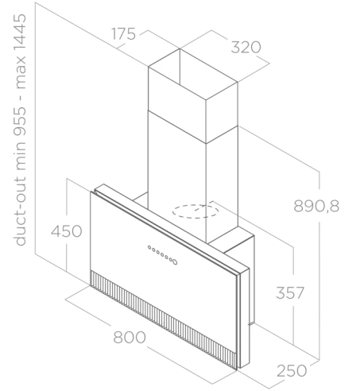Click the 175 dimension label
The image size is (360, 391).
[x=123, y=34]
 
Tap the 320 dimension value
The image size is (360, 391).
[x=246, y=47]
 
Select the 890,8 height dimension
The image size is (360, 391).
[x=316, y=206]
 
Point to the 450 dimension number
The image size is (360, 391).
[x=66, y=231]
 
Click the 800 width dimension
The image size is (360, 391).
[x=130, y=337]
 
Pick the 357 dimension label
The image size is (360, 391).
[x=290, y=293]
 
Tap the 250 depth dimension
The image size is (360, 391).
[x=292, y=370]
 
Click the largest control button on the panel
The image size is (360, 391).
[x=174, y=261]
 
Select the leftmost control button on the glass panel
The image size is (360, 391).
[x=149, y=247]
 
